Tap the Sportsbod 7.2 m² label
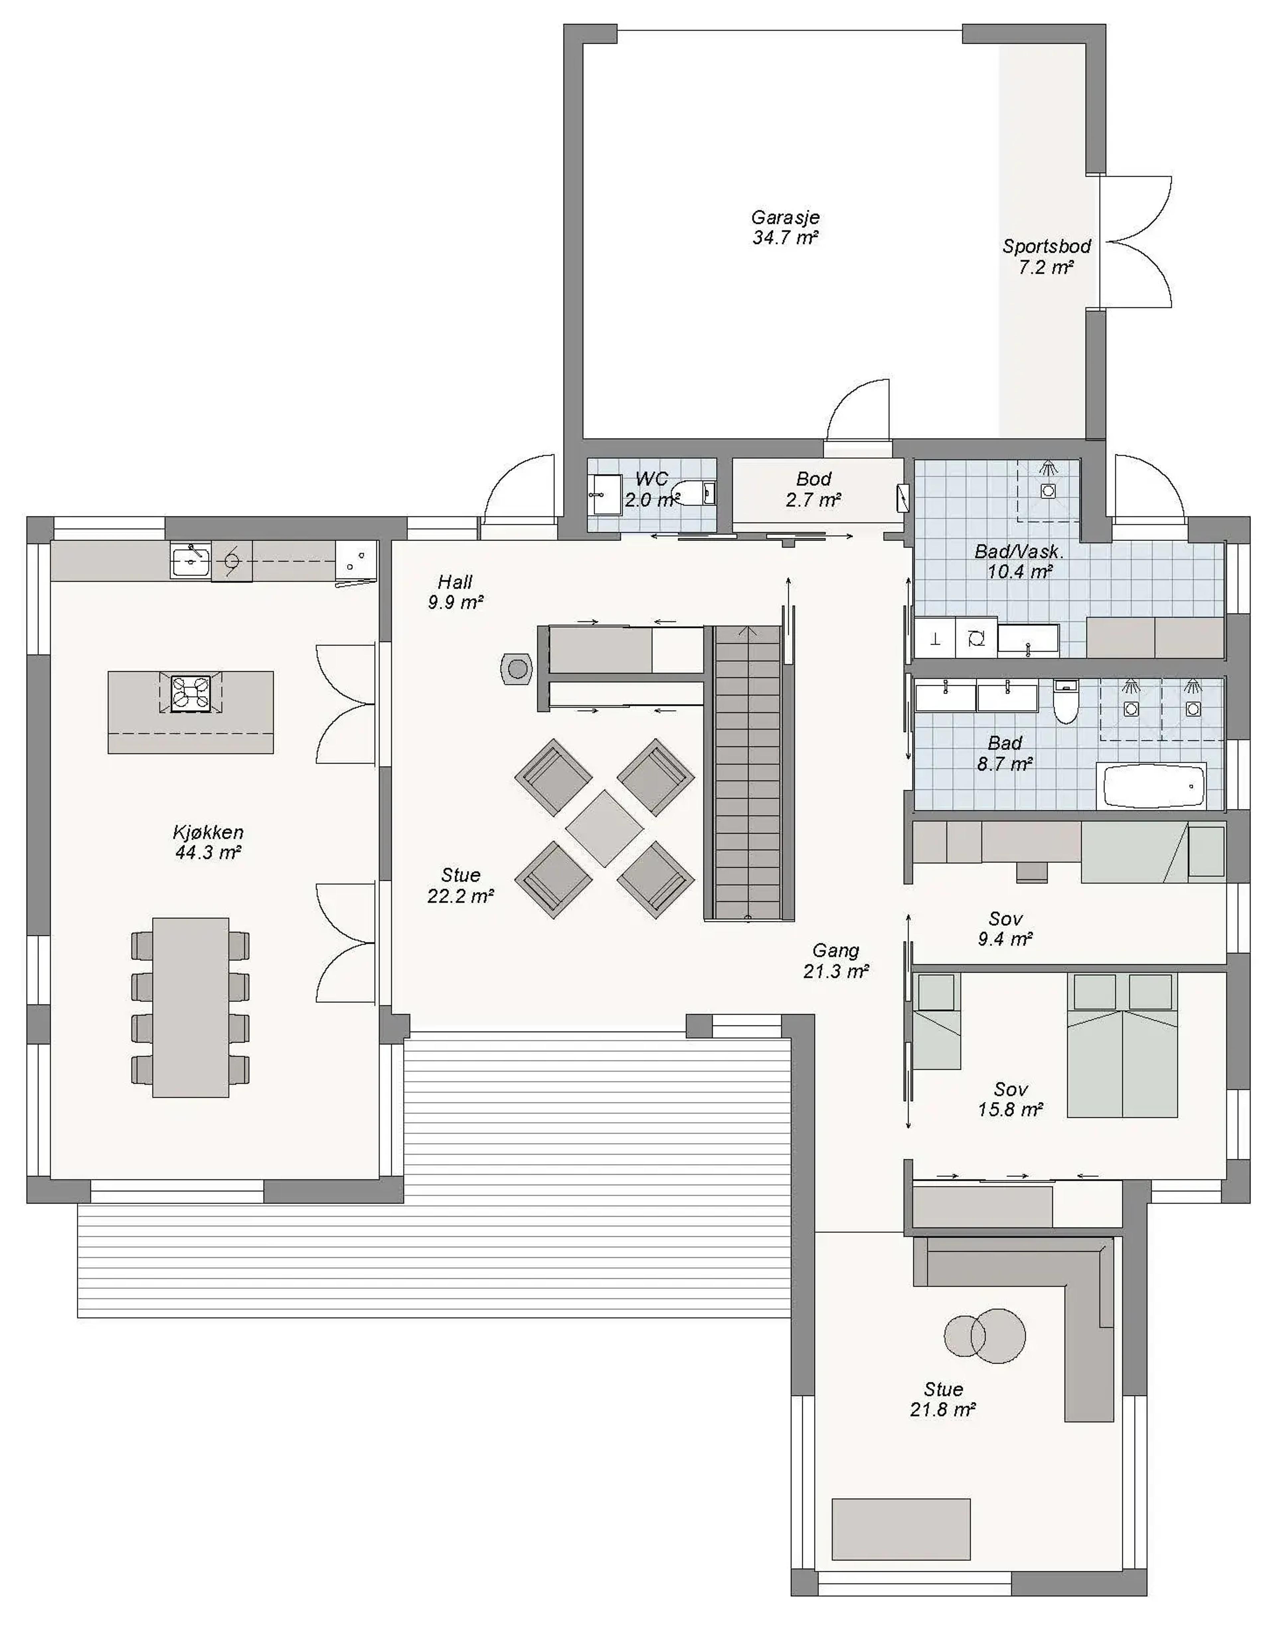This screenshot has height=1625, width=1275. point(1047,256)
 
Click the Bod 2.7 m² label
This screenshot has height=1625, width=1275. point(814,489)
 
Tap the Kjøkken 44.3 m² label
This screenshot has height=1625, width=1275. point(208,842)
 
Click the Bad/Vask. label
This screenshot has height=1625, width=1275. point(1019,552)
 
